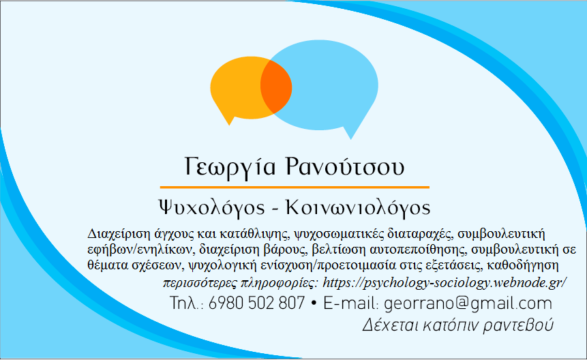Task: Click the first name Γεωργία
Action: [x=230, y=167]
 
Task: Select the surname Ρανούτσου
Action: [x=345, y=166]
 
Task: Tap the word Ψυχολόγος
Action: [x=211, y=208]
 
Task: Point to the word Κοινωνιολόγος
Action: [x=358, y=208]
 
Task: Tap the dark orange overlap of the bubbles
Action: [x=276, y=87]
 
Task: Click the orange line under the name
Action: [x=295, y=187]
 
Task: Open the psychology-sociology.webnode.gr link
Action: [x=445, y=282]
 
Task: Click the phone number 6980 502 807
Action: [x=256, y=303]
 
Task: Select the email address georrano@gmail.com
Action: [x=468, y=303]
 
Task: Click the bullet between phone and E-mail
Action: [x=314, y=303]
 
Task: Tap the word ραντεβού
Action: [x=518, y=325]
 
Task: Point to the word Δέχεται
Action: [x=390, y=325]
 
